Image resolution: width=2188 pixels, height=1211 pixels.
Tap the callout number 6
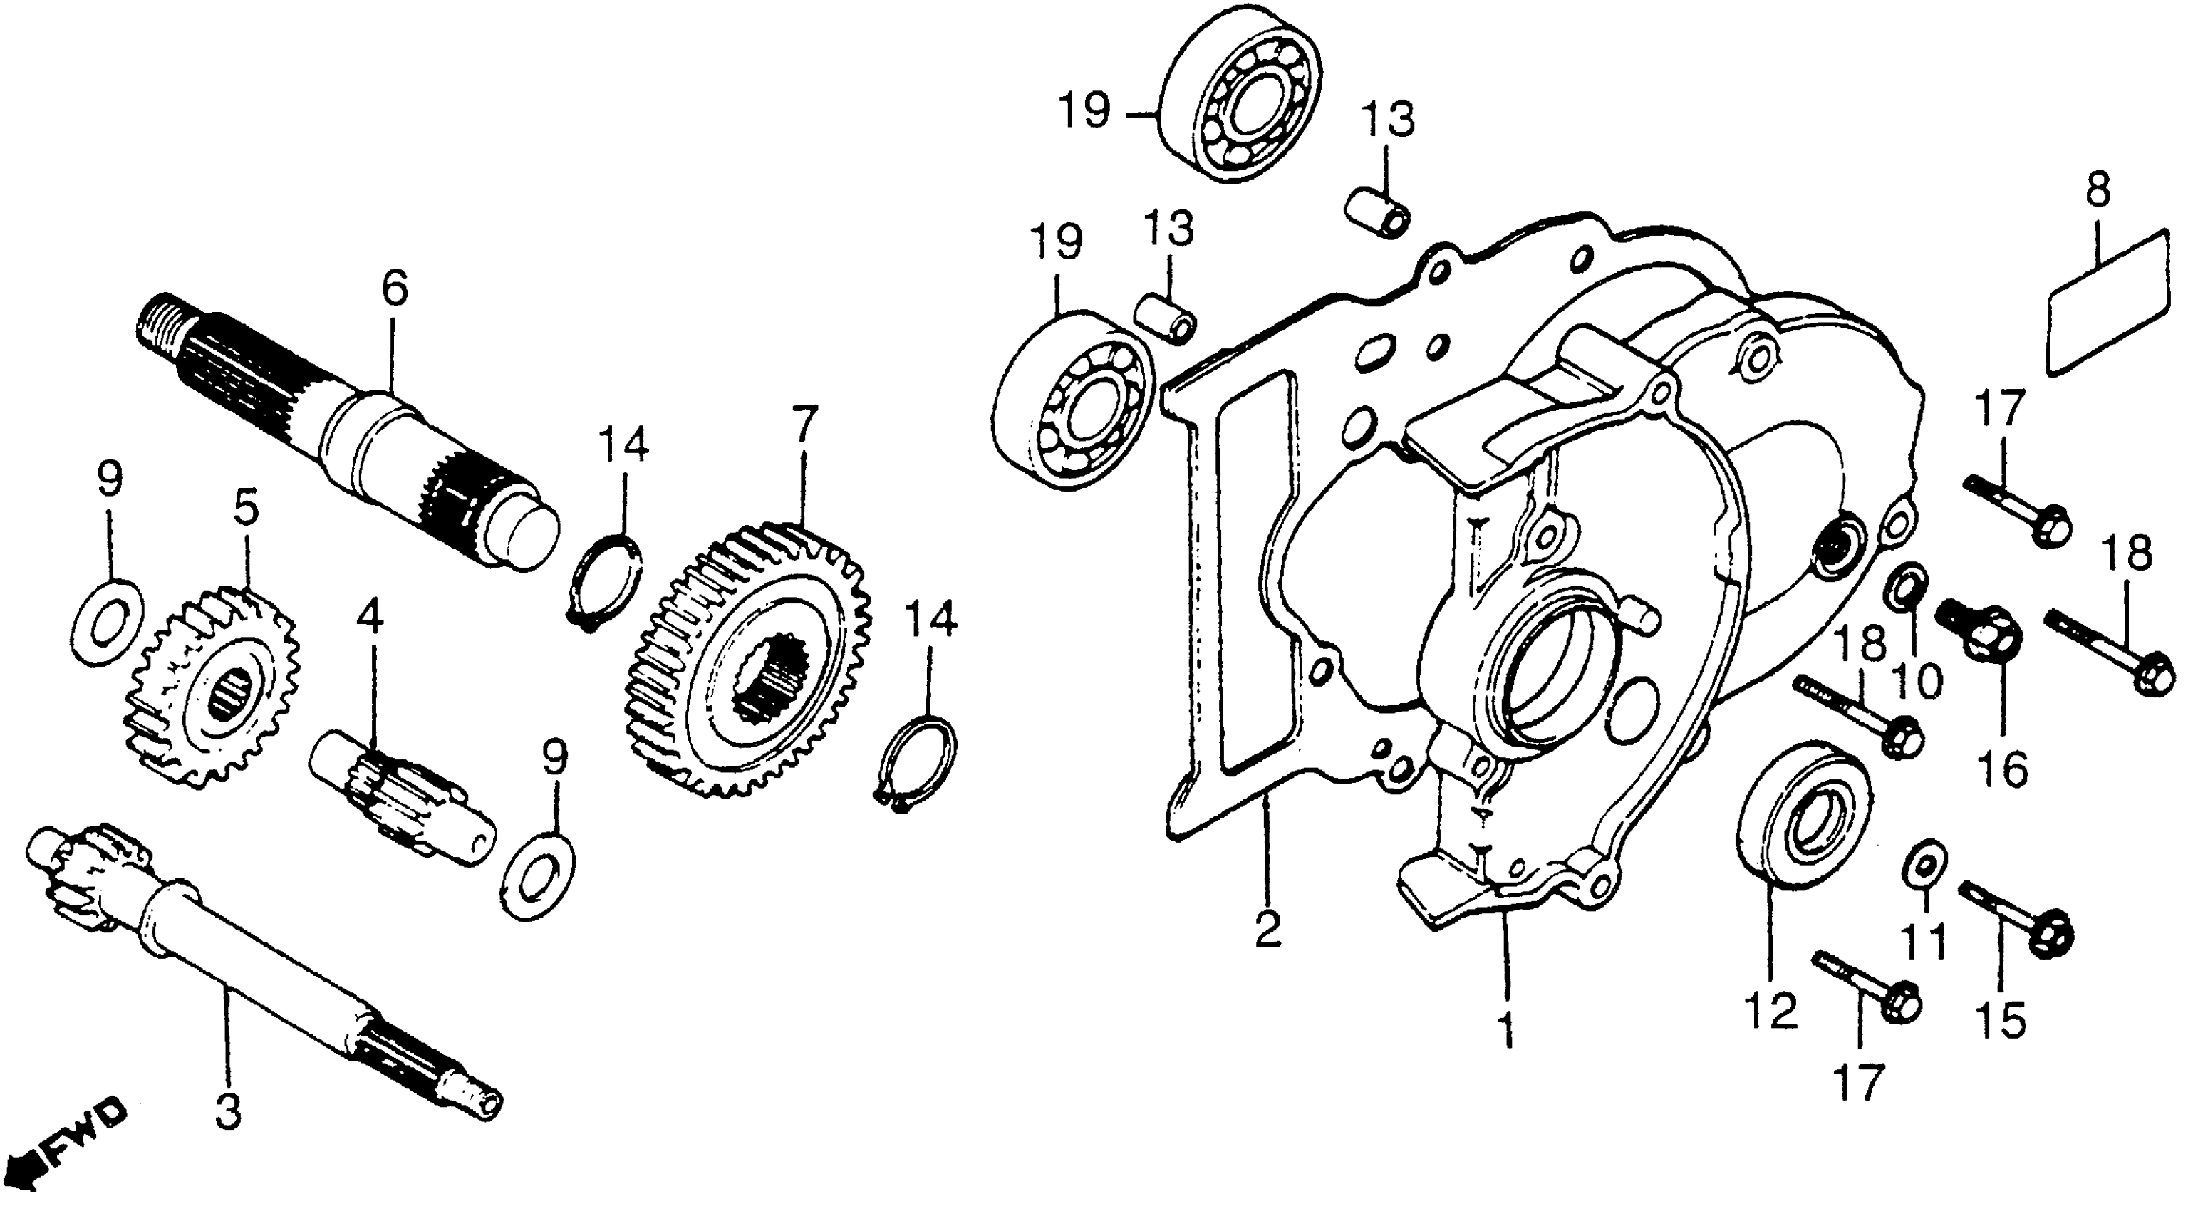point(393,289)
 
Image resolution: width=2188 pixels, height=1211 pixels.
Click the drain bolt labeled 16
point(1980,625)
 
